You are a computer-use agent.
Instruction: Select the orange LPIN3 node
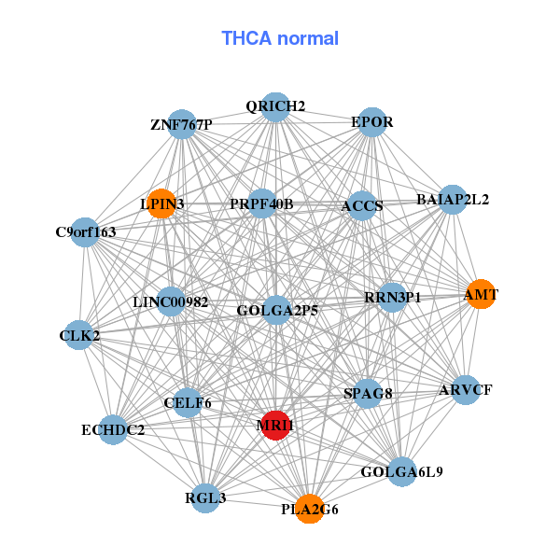162,203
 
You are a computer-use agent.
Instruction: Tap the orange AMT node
480,295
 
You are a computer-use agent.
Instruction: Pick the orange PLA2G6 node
310,509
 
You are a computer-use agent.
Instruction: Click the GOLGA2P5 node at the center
277,310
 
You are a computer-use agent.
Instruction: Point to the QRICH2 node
275,106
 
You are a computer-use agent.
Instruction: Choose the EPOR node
372,122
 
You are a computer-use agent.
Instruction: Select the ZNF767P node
182,124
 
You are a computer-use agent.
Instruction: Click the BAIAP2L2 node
453,199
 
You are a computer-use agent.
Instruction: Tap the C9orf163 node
86,231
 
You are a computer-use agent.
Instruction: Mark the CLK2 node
79,335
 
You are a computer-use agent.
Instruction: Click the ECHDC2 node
113,429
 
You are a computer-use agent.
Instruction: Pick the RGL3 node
205,497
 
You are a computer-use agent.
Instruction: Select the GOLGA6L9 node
401,471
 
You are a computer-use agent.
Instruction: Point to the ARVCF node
465,389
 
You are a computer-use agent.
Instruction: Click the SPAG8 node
368,394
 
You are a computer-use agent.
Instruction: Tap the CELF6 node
188,402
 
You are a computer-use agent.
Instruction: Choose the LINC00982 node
171,302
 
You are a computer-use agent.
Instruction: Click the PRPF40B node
262,203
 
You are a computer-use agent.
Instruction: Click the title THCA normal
280,38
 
